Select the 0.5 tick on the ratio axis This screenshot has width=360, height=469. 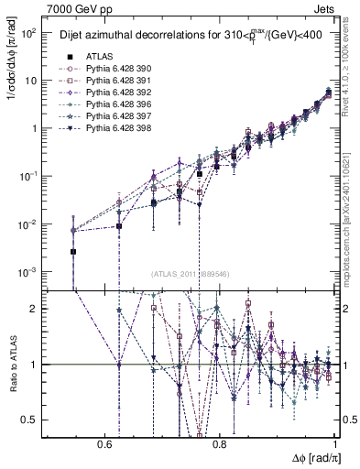pos(29,420)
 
